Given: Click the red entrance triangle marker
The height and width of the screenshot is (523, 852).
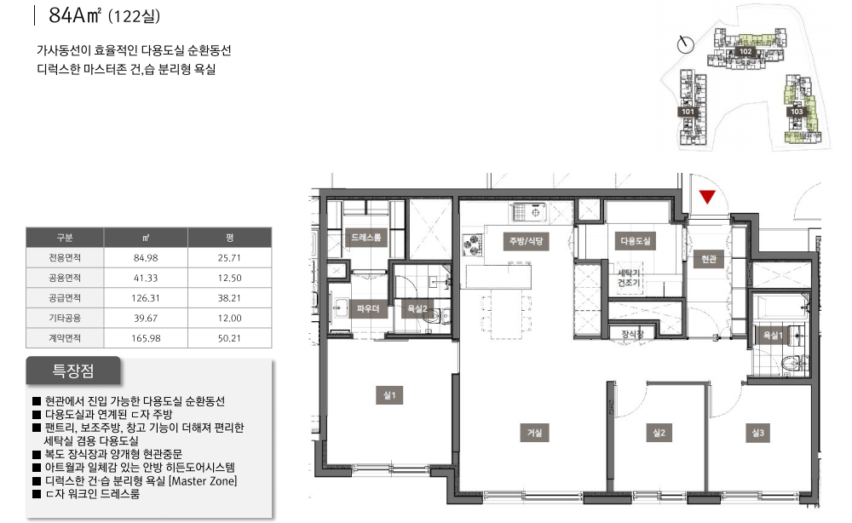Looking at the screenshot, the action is click(707, 196).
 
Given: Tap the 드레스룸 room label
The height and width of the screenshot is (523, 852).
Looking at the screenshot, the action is click(366, 238).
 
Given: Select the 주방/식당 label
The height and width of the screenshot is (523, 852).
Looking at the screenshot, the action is click(526, 240).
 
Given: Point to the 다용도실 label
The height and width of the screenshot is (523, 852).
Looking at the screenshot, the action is click(636, 240).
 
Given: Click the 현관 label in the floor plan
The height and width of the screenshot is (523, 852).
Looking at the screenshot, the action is click(709, 259).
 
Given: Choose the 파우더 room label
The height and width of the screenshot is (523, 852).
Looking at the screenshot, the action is click(368, 308).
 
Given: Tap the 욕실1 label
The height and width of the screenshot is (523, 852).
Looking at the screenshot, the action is click(773, 335).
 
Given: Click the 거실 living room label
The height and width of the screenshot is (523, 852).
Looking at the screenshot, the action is click(534, 433).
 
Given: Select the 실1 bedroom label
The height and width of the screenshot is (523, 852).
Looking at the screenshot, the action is click(389, 395).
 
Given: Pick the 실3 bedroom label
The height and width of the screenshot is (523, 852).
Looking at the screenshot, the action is click(757, 433).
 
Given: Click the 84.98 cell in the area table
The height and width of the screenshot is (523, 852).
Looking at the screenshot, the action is click(146, 258).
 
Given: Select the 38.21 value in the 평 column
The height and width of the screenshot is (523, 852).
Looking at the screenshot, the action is click(229, 298).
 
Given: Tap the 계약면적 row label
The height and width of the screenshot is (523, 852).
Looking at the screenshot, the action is click(65, 338).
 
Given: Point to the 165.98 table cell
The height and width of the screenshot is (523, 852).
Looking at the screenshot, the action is click(146, 338).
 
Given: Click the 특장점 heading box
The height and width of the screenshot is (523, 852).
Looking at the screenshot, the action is click(72, 371).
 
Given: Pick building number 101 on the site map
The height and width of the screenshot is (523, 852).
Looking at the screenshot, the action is click(688, 112).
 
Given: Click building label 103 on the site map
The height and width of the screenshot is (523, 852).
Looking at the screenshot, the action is click(797, 112).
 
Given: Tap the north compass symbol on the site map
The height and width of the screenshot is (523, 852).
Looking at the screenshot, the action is click(686, 44).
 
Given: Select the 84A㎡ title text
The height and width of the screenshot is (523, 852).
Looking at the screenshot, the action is click(74, 15).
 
